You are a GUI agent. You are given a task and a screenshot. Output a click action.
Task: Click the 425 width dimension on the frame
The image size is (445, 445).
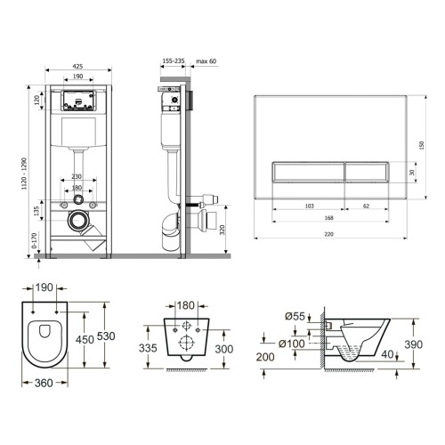click(x=77, y=67)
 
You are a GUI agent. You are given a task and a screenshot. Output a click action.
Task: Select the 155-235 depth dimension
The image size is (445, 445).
click(x=174, y=61)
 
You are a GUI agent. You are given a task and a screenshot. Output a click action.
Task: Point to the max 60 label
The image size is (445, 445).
click(x=206, y=61)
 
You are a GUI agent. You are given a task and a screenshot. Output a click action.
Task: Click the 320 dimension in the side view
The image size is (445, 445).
click(x=222, y=230)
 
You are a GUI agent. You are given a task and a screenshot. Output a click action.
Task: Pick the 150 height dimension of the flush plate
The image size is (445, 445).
click(x=422, y=145)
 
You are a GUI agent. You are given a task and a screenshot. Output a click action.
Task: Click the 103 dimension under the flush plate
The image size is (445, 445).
click(x=309, y=206)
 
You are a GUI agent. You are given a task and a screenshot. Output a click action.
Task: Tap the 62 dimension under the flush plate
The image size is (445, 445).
click(x=367, y=206)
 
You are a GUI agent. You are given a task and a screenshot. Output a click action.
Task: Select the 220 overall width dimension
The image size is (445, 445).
click(x=328, y=234)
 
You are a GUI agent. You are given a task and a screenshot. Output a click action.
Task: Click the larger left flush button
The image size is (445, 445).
click(x=308, y=172)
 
